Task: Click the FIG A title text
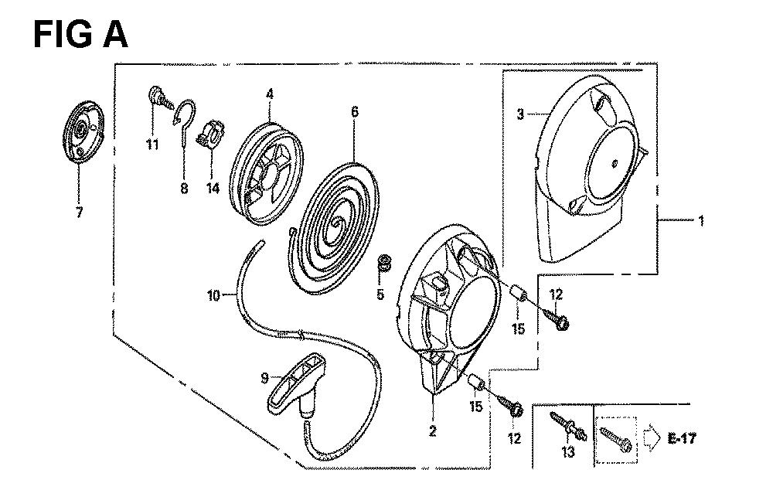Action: (x=80, y=35)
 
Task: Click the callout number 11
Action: (x=152, y=145)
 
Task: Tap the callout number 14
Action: (x=213, y=188)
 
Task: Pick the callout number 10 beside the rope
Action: (x=213, y=295)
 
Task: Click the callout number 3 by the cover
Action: (x=520, y=114)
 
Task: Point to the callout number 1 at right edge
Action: (x=700, y=220)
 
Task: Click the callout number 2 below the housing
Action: (x=432, y=431)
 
